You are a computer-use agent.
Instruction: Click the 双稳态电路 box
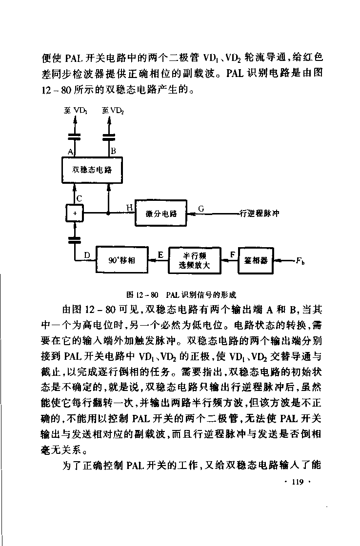pos(92,170)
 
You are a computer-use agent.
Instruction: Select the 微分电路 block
pos(160,213)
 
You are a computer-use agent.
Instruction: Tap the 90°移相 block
pos(122,260)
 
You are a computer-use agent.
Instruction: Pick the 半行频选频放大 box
pos(195,260)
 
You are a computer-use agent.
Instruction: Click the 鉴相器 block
pos(256,260)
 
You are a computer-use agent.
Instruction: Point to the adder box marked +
pos(75,213)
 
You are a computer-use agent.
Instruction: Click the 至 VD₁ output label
pos(75,110)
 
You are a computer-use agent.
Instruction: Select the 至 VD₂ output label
pos(113,111)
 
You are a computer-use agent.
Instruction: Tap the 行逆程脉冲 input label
pos(260,214)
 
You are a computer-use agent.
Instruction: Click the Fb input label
pos(300,260)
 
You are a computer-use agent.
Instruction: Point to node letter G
pos(201,209)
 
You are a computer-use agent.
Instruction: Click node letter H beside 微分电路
pos(130,208)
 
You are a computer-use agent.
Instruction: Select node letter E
pos(160,255)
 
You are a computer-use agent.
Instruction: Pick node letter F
pos(233,255)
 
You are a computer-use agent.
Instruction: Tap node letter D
pos(87,255)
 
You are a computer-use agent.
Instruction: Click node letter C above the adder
pos(79,199)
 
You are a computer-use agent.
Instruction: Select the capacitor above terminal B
pos(109,136)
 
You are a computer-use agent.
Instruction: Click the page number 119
pos(298,482)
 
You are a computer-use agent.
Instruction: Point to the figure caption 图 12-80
pos(181,295)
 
